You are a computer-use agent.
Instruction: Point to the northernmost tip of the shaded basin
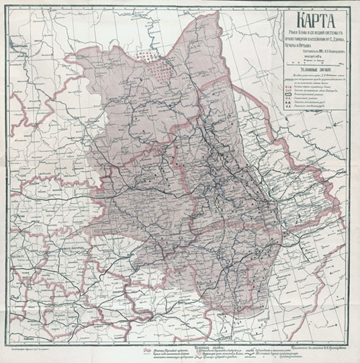pyautogui.click(x=201, y=11)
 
